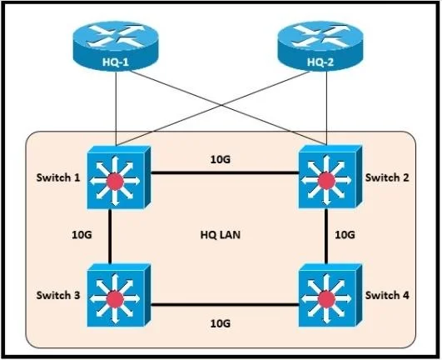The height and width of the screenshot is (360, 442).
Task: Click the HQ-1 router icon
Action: click(x=116, y=46)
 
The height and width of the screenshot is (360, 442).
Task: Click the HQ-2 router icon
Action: click(x=320, y=46)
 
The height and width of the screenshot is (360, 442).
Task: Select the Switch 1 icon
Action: click(x=118, y=177)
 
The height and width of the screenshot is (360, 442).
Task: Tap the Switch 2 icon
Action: click(x=330, y=177)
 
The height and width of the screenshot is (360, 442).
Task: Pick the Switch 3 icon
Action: click(x=118, y=295)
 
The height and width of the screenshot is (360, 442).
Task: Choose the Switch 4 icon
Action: click(x=330, y=295)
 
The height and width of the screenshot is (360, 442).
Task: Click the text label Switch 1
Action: click(x=58, y=177)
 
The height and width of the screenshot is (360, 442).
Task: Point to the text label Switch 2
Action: click(x=387, y=177)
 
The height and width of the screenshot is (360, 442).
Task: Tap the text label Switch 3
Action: click(x=58, y=295)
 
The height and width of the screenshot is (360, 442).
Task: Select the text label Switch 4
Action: click(x=387, y=295)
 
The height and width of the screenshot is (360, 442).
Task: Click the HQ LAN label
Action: click(x=220, y=235)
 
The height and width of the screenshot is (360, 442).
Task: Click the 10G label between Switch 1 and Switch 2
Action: click(x=220, y=160)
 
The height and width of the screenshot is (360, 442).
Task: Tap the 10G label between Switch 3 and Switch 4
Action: click(x=220, y=323)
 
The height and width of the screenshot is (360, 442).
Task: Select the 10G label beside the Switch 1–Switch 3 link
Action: click(x=82, y=235)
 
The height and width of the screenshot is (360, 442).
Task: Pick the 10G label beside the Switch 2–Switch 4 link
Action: click(x=345, y=235)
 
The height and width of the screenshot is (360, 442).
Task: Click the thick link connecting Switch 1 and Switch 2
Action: click(x=225, y=172)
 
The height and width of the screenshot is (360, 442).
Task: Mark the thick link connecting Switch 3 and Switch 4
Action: click(x=225, y=305)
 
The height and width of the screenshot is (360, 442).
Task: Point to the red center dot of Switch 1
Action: click(x=115, y=182)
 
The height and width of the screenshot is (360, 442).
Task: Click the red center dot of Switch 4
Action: click(x=326, y=299)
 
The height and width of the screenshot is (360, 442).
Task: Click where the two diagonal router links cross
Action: click(x=223, y=106)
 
